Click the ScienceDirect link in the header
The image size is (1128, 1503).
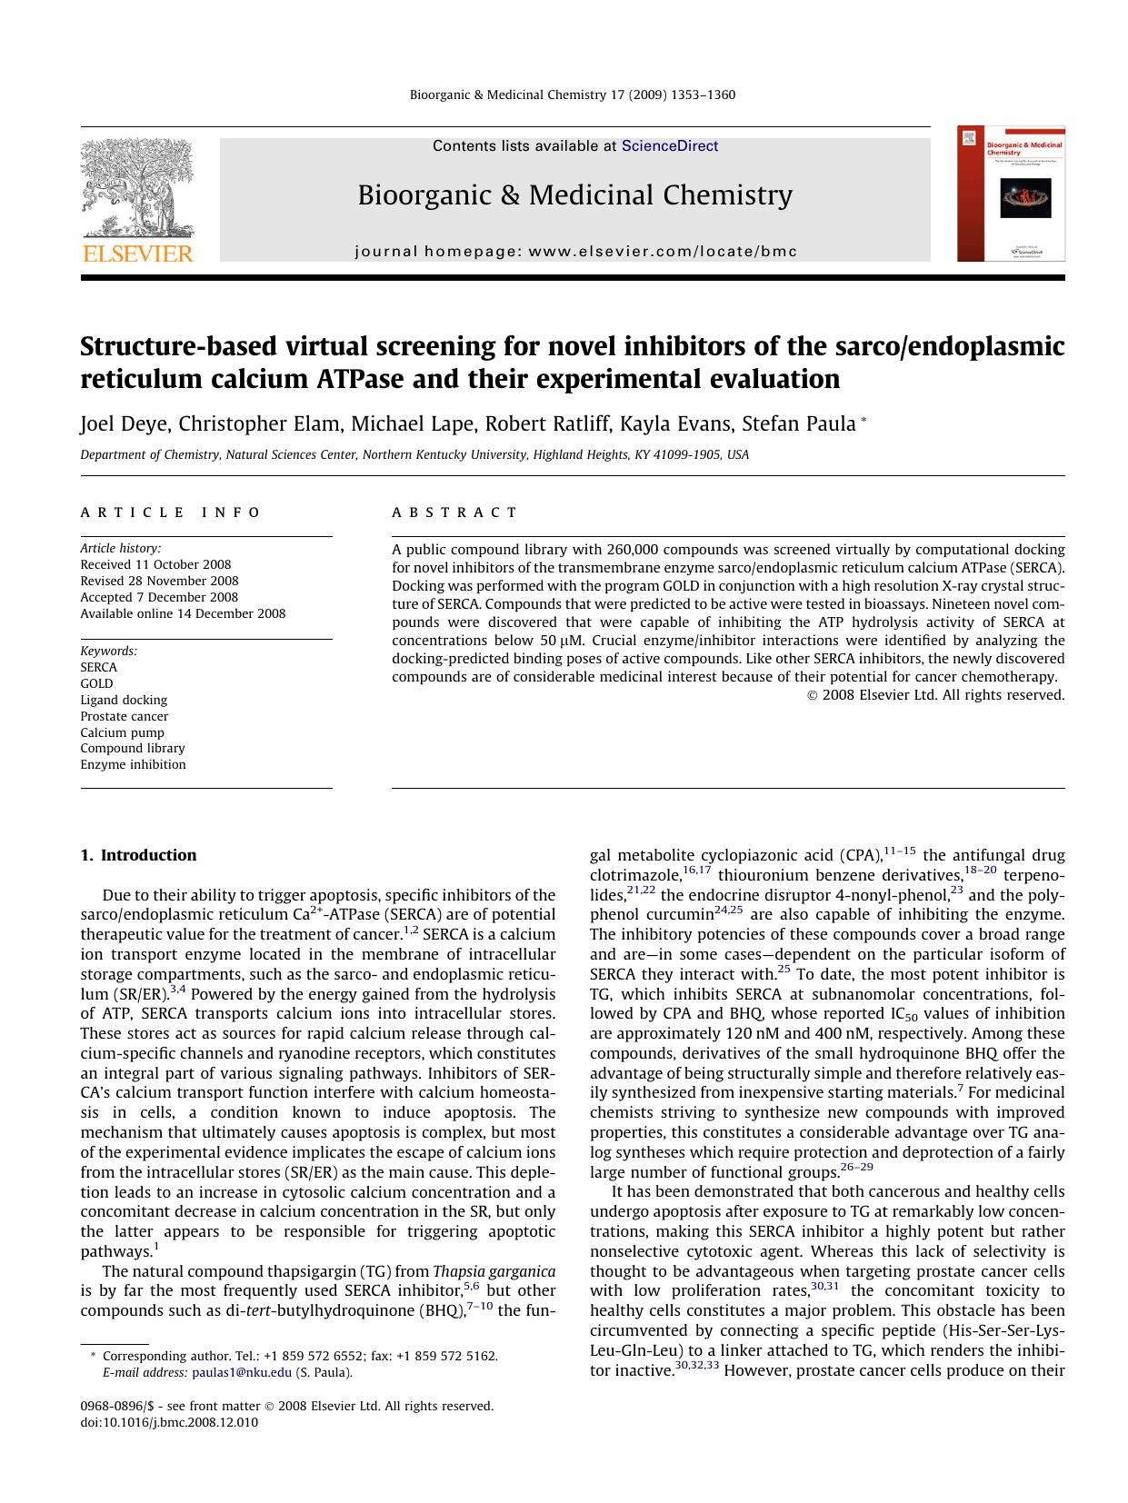[669, 146]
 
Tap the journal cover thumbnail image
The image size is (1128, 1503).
[1011, 194]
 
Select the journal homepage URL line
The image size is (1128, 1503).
[575, 252]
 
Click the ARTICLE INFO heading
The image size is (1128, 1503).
[171, 513]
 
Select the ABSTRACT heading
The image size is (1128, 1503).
[454, 513]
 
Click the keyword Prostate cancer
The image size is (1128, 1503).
[124, 716]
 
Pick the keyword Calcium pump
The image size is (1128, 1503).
[122, 732]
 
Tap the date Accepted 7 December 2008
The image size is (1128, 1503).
[159, 597]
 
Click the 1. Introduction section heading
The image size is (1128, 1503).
[138, 855]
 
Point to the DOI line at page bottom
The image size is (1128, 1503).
[169, 1422]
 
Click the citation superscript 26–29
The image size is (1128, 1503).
[856, 1167]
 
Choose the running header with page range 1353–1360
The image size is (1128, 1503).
[573, 95]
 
